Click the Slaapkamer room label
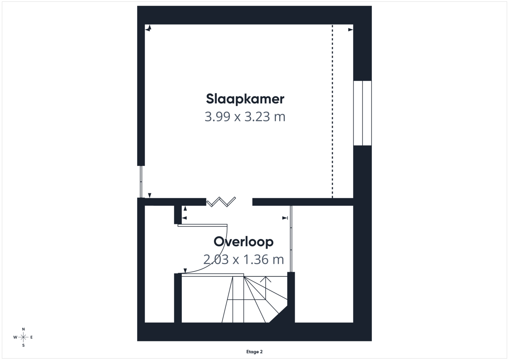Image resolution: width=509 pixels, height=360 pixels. pyautogui.click(x=245, y=99)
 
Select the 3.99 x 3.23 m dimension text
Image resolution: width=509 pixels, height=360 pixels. pyautogui.click(x=245, y=117)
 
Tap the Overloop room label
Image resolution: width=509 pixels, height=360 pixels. pyautogui.click(x=243, y=242)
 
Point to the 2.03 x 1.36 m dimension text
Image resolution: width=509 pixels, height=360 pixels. pyautogui.click(x=244, y=259)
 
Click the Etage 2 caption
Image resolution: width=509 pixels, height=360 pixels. pyautogui.click(x=254, y=352)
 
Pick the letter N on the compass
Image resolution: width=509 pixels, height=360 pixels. pyautogui.click(x=23, y=329)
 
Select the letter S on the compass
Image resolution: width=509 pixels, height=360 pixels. pyautogui.click(x=23, y=345)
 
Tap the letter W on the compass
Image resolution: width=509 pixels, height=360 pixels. pyautogui.click(x=15, y=337)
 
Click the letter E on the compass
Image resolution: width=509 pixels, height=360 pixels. pyautogui.click(x=31, y=337)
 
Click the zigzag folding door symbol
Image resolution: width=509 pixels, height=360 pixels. pyautogui.click(x=221, y=202)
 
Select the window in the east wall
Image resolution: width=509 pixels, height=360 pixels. pyautogui.click(x=362, y=113)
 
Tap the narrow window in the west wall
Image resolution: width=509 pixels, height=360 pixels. pyautogui.click(x=141, y=181)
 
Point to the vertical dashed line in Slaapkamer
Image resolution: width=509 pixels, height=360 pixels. pyautogui.click(x=332, y=111)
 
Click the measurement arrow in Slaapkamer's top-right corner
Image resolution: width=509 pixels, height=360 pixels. pyautogui.click(x=351, y=29)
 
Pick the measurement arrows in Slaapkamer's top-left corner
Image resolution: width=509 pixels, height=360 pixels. pyautogui.click(x=148, y=28)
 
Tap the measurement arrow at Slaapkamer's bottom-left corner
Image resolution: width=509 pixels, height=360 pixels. pyautogui.click(x=150, y=195)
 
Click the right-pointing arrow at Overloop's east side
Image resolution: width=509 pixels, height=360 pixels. pyautogui.click(x=285, y=218)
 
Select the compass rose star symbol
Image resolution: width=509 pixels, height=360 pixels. pyautogui.click(x=23, y=337)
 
